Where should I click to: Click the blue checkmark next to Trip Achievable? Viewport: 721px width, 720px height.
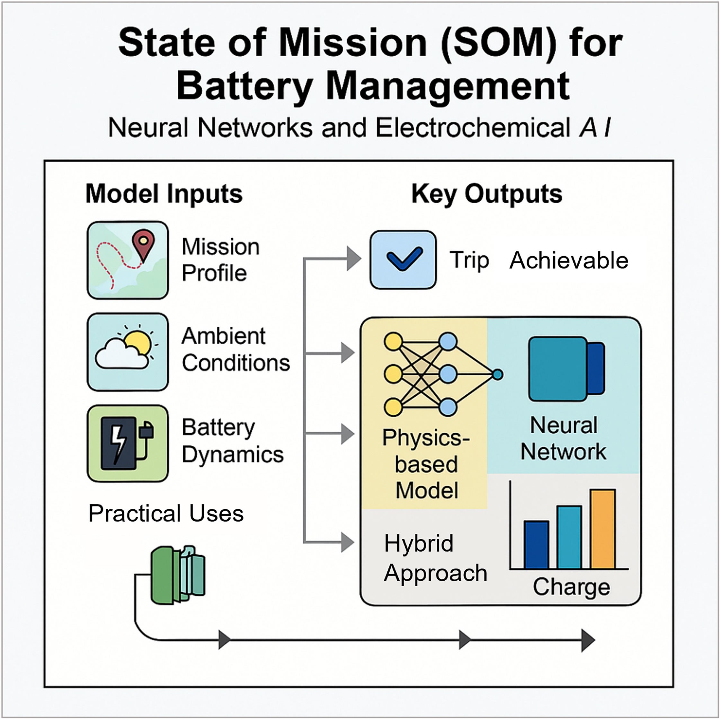tap(404, 259)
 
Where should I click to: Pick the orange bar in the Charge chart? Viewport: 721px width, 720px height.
tap(602, 529)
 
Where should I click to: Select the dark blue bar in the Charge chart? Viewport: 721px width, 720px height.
tap(536, 544)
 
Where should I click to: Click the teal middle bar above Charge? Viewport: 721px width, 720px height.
tap(569, 537)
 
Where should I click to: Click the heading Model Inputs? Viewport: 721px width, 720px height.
tap(164, 194)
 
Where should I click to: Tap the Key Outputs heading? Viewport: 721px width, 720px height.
tap(487, 194)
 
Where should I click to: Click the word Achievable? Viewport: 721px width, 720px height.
tap(569, 260)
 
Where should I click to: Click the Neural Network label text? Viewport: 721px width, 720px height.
tap(563, 438)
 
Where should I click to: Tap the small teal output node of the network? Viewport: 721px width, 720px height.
tap(497, 374)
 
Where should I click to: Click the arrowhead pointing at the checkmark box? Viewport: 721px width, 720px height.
tap(353, 259)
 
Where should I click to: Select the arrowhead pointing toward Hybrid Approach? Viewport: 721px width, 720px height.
tap(347, 542)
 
